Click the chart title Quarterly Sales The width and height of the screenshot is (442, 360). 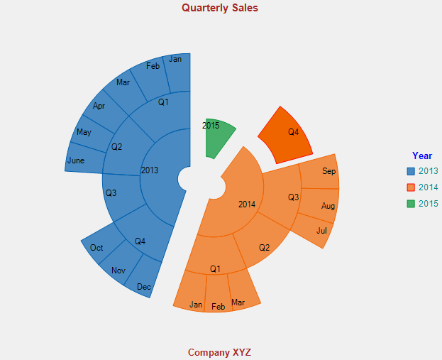(220, 8)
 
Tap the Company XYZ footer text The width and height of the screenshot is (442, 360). (219, 352)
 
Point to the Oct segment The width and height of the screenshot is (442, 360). (98, 247)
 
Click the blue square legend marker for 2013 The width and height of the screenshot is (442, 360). (411, 171)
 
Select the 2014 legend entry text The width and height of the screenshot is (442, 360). (428, 187)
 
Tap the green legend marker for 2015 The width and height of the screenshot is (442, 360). (411, 204)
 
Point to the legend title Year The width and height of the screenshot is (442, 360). (422, 156)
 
